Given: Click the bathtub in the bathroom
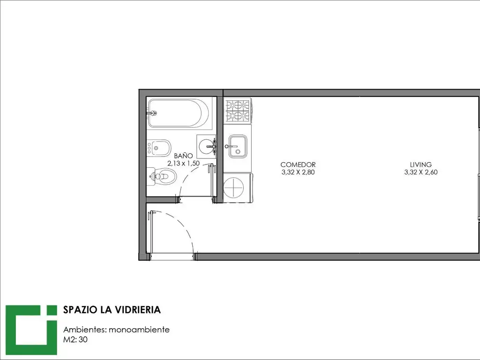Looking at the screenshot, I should [x=179, y=113].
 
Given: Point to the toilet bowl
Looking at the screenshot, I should [x=164, y=177].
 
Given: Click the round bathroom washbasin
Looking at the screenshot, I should [x=206, y=146].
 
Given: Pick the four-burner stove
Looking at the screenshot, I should [x=237, y=111].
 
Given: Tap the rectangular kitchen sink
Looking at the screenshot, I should [x=238, y=146].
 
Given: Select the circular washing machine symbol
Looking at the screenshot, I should [x=233, y=187].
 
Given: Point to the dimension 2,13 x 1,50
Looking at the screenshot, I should [x=183, y=163].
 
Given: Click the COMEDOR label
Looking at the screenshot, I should [x=298, y=165].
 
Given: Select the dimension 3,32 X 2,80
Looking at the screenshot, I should [x=298, y=172].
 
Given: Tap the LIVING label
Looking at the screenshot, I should [x=420, y=165].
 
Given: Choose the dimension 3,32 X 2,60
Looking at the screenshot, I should [x=420, y=172].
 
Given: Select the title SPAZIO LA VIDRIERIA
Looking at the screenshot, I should [x=112, y=310].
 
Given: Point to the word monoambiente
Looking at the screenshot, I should [x=139, y=330].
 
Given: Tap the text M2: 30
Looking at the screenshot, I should [x=75, y=340].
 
